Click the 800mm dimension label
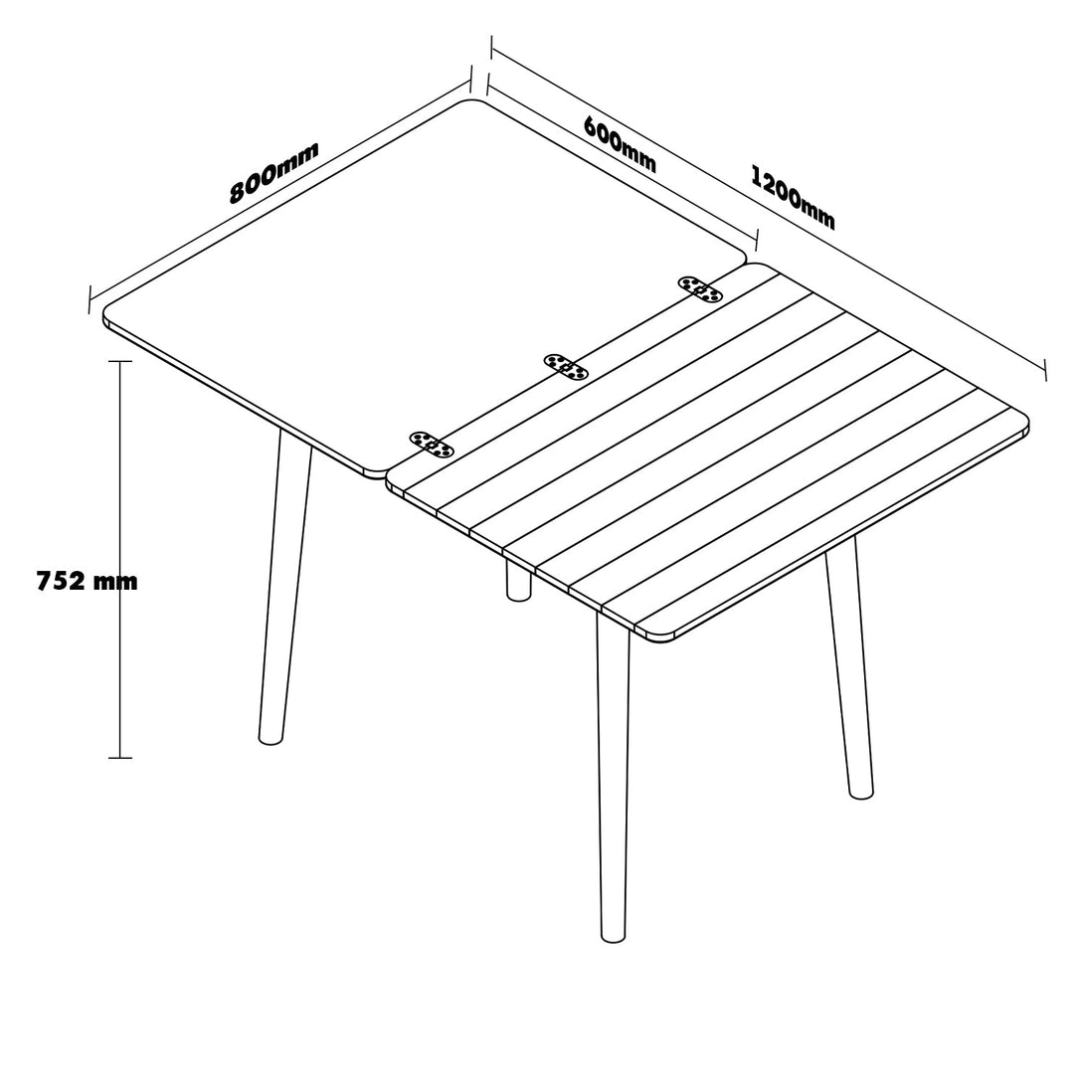(274, 172)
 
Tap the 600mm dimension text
(621, 144)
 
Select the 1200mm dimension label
(793, 197)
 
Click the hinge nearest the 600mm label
(700, 289)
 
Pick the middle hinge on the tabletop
(566, 366)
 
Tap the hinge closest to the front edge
(432, 445)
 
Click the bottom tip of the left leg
(271, 743)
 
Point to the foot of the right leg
(860, 797)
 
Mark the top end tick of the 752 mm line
(120, 361)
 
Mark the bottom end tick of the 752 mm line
(120, 758)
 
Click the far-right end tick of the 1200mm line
(1044, 370)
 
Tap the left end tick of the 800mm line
(90, 298)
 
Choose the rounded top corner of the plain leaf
(472, 101)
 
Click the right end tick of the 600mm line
(757, 240)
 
